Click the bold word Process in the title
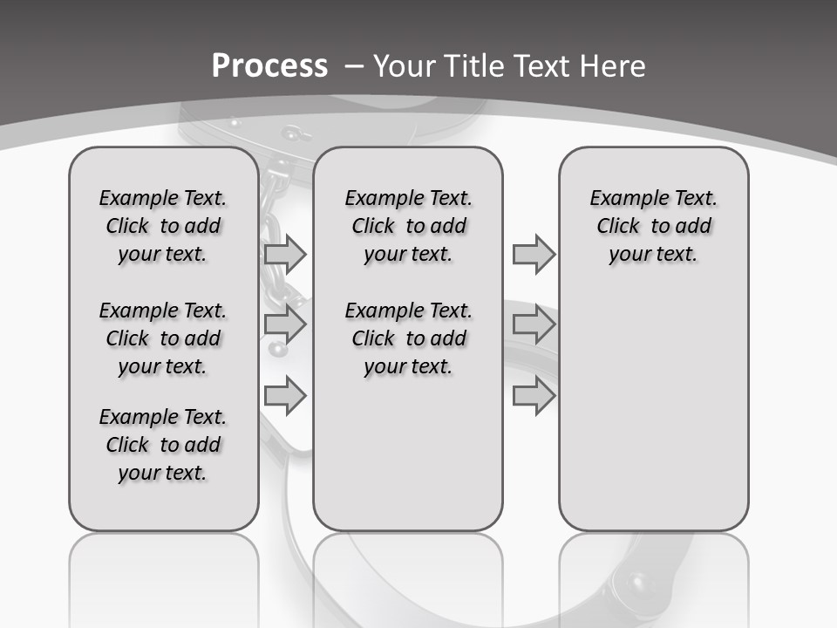click(x=269, y=66)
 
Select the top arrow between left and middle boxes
click(x=285, y=254)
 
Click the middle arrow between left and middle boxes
click(x=285, y=324)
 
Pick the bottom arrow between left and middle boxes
click(x=285, y=396)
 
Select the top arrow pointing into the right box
click(x=534, y=254)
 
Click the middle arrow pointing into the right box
click(x=534, y=324)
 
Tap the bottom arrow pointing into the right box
click(x=534, y=396)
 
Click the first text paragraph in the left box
click(x=163, y=226)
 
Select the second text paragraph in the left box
click(x=163, y=338)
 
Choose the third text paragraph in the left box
click(x=163, y=445)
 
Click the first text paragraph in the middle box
click(x=408, y=226)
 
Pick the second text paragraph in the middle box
click(x=408, y=338)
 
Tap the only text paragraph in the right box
click(x=653, y=226)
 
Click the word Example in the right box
click(x=621, y=199)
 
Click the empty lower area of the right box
click(x=653, y=410)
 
